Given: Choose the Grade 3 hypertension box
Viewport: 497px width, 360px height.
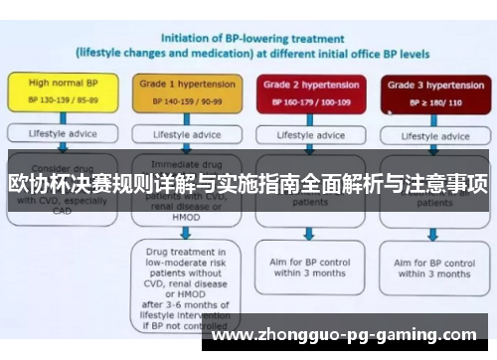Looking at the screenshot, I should click(429, 92).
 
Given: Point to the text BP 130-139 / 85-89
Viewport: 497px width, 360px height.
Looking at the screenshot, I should click(64, 101).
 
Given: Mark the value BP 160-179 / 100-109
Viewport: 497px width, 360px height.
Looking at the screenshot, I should click(308, 101).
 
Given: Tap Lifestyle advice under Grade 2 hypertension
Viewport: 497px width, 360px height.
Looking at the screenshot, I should click(308, 134).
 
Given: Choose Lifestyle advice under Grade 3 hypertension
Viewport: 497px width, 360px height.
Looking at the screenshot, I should click(429, 134).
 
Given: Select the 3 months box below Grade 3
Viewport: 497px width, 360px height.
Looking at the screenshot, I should click(432, 266).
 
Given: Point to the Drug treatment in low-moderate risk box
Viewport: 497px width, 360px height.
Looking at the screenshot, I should click(185, 281).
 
